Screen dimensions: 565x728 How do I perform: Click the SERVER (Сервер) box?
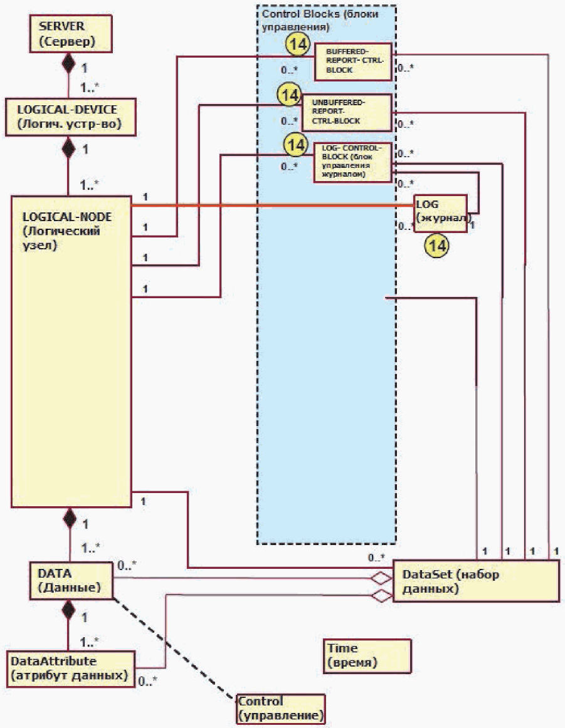[x=71, y=33]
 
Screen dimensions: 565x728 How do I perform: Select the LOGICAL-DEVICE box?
[x=70, y=117]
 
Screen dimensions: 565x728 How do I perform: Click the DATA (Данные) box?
[x=71, y=580]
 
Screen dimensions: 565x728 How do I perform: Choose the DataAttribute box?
[x=71, y=668]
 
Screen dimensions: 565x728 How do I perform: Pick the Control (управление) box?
[x=281, y=709]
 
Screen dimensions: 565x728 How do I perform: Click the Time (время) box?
[x=367, y=655]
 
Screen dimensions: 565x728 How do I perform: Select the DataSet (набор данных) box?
[x=476, y=581]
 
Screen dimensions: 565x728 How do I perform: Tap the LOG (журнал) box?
[x=440, y=213]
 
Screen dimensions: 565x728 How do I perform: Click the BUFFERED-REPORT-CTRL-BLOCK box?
[x=353, y=61]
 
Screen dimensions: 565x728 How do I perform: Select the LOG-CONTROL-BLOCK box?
[x=352, y=162]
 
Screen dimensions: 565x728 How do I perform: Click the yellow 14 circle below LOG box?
[x=437, y=245]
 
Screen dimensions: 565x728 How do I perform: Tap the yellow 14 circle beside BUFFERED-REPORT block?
[x=297, y=44]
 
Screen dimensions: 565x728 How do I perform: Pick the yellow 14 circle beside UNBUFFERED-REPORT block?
[x=290, y=95]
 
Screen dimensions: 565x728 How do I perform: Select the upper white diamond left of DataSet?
[x=381, y=578]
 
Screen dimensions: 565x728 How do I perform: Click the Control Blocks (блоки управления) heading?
[x=320, y=20]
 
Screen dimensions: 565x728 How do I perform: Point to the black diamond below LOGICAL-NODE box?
[x=70, y=518]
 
